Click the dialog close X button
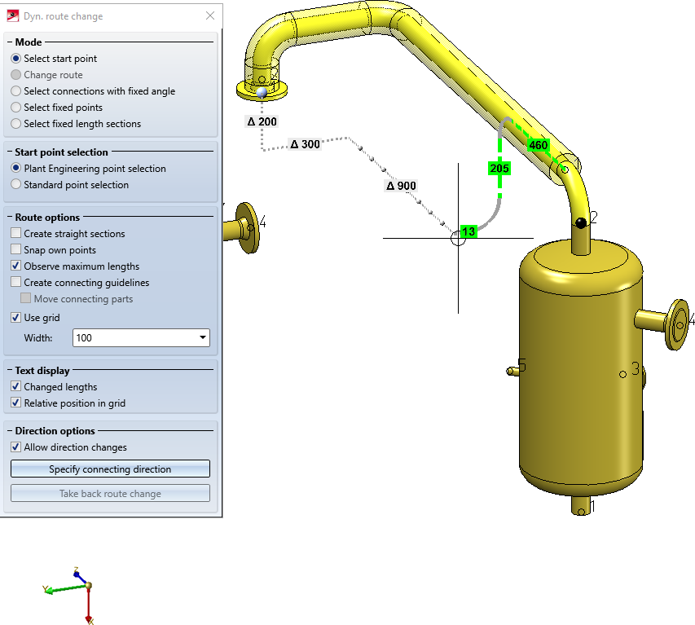point(210,16)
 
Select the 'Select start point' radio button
point(16,59)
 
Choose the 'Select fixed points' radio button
point(16,108)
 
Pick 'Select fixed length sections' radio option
point(16,124)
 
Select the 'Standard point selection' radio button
point(16,184)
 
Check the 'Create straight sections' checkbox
point(16,233)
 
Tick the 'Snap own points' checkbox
point(16,249)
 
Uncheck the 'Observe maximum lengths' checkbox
point(16,266)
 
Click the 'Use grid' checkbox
point(16,317)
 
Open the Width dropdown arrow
point(203,338)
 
